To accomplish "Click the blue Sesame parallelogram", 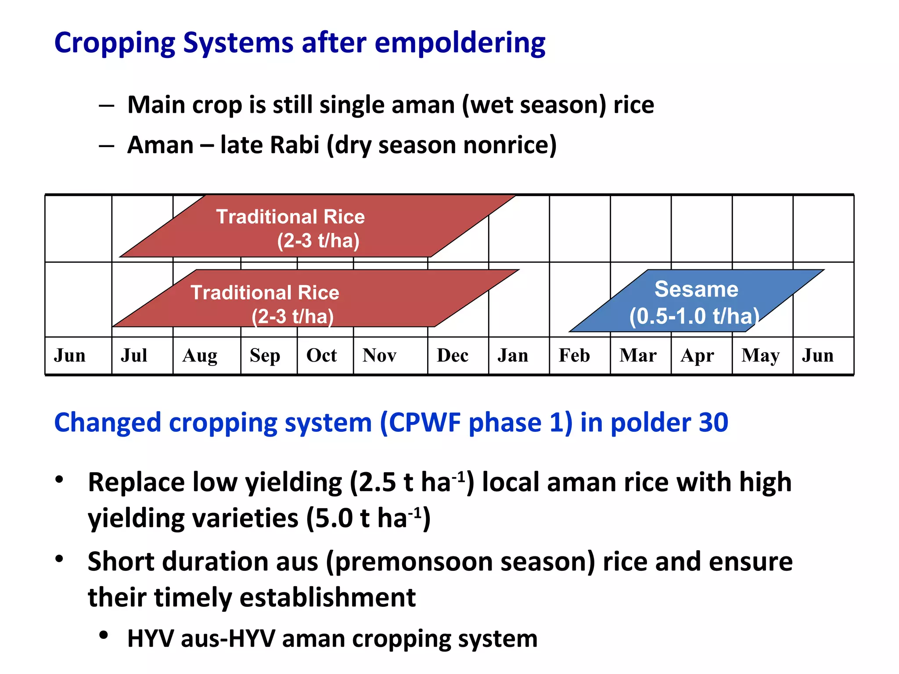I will click(x=696, y=301).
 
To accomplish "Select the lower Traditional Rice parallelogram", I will click(x=316, y=299).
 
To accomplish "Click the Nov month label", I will click(x=379, y=355).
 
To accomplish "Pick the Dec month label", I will click(x=453, y=355).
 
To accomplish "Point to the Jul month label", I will click(x=134, y=355).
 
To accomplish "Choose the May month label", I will click(x=760, y=356).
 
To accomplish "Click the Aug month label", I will click(x=200, y=356).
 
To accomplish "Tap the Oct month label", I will click(x=321, y=355).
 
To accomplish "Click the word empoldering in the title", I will click(x=460, y=44).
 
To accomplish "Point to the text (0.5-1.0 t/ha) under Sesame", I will click(x=694, y=316).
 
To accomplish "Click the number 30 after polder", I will click(x=713, y=423).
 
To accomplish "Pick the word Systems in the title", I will click(x=238, y=43).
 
